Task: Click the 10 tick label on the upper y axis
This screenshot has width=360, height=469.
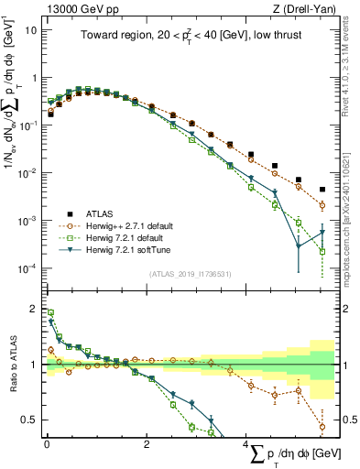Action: point(29,29)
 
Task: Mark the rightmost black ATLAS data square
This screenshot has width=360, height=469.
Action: point(322,190)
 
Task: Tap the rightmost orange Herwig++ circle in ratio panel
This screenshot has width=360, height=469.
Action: point(322,427)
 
